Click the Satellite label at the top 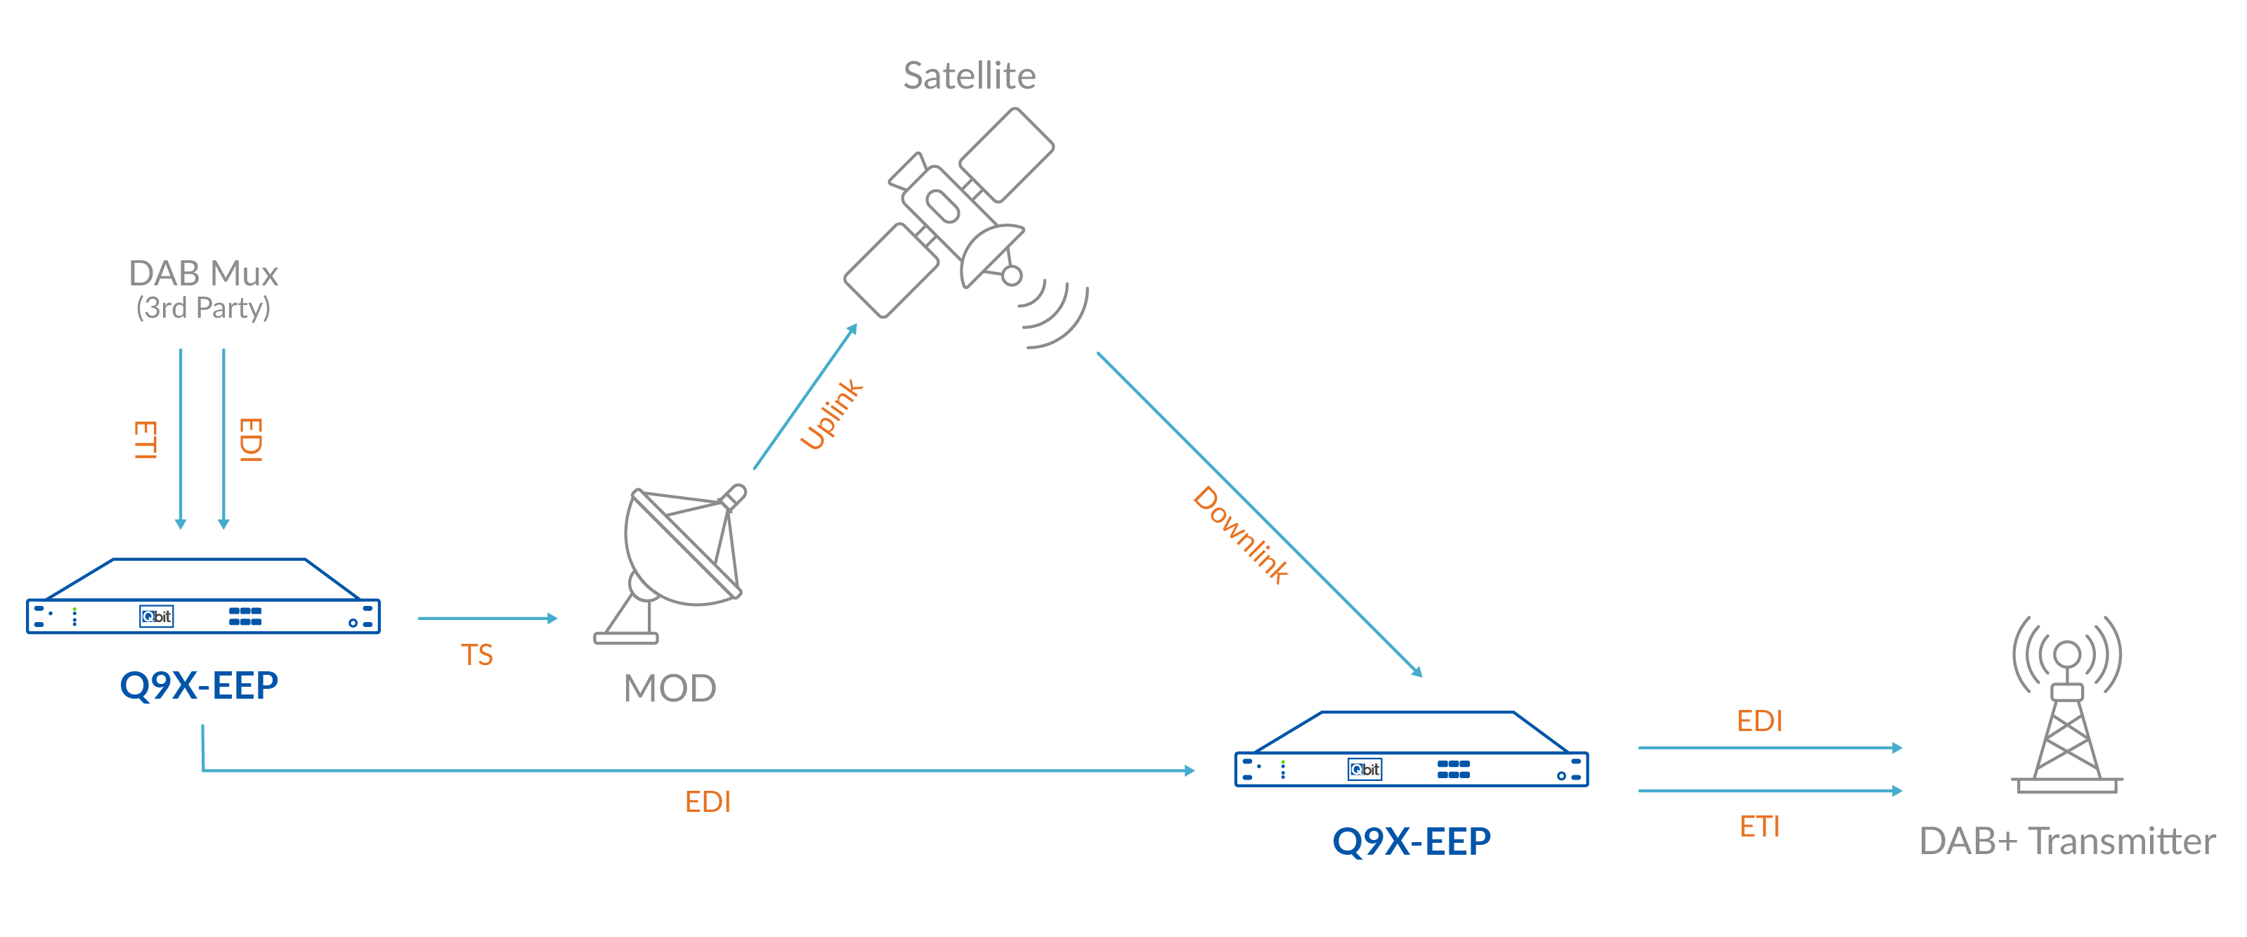[969, 76]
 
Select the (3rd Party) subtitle [203, 308]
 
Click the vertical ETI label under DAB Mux [145, 440]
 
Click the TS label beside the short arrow [476, 655]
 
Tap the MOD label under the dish [670, 688]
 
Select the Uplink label [831, 415]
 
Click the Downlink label [1240, 535]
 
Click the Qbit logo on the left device [157, 616]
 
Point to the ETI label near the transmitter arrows [1759, 826]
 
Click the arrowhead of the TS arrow [552, 619]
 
